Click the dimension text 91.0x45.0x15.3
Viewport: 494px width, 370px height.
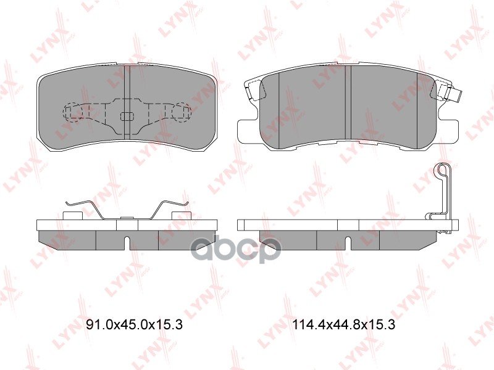coord(134,324)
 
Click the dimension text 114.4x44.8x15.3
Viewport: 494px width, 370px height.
coord(344,324)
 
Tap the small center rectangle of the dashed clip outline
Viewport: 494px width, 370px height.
coord(127,116)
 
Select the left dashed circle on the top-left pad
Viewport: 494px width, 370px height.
coord(73,112)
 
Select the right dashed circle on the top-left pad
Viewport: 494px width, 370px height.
coord(182,112)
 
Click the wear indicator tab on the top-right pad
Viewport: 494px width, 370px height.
coord(455,96)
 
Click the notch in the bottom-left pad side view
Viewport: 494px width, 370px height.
coord(127,243)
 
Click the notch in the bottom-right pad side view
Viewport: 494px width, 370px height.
coord(348,243)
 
